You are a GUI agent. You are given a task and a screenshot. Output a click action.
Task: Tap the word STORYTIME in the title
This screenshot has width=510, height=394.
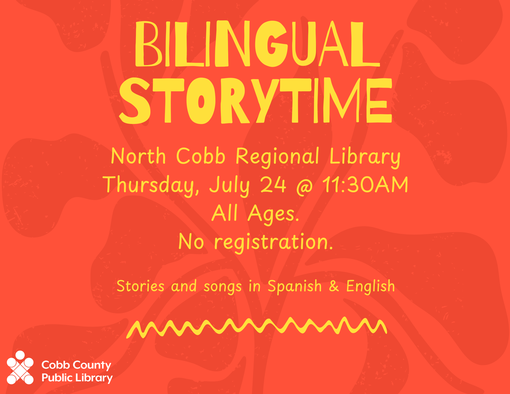tap(256, 101)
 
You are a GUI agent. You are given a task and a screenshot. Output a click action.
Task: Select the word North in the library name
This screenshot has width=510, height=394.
tap(138, 156)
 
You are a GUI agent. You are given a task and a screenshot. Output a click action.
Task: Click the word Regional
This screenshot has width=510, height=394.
tap(277, 157)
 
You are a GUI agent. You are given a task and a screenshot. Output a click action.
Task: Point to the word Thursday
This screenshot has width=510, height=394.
tap(150, 185)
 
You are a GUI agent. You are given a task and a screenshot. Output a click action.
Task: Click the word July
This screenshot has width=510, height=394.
tap(229, 185)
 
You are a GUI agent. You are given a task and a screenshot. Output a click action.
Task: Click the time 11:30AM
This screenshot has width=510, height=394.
tap(365, 184)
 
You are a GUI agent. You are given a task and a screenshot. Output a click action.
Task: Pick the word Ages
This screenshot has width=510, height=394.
tap(273, 214)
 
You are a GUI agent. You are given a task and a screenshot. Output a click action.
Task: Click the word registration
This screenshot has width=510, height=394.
tap(273, 242)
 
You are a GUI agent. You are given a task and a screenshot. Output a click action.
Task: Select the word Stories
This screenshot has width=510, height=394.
tap(141, 286)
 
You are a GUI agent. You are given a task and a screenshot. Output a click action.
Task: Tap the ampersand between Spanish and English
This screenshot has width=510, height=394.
tap(334, 286)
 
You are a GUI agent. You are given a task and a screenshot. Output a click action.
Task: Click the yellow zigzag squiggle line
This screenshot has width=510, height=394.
tap(257, 328)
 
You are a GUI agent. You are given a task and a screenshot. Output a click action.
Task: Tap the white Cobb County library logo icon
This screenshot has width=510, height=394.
tap(20, 367)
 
